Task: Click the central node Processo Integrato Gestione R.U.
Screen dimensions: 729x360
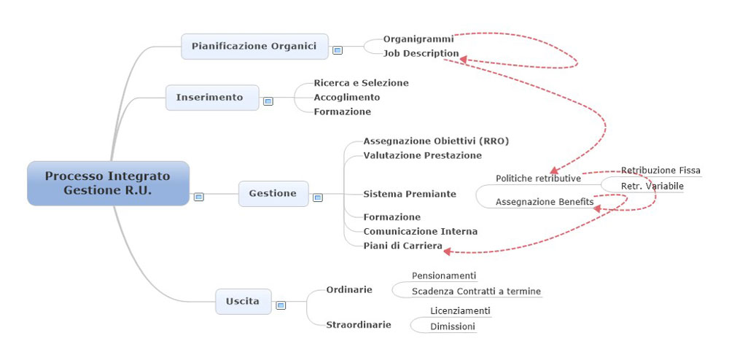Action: tap(108, 183)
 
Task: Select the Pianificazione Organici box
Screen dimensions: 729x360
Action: tap(254, 47)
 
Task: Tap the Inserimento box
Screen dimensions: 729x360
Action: tap(212, 98)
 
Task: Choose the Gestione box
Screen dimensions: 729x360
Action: tap(273, 194)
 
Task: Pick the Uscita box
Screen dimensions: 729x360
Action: tap(243, 302)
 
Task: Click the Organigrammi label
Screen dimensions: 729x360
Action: tap(418, 39)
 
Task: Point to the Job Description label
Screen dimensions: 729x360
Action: tap(421, 53)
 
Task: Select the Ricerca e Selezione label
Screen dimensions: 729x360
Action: tap(362, 83)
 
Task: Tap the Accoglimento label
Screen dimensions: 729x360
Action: tap(347, 98)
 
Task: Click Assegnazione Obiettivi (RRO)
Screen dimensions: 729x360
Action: tap(436, 141)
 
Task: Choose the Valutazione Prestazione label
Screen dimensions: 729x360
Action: tap(423, 156)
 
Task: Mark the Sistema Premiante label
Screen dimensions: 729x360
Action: tap(410, 194)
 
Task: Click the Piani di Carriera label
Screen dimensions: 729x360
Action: tap(402, 246)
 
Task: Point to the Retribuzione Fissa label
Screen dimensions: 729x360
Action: tap(660, 171)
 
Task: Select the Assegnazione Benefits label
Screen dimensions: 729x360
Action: tap(545, 202)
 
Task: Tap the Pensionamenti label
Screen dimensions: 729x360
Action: tap(444, 276)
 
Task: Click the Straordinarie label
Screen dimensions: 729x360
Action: tap(359, 325)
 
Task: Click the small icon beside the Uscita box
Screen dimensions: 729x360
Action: tap(281, 305)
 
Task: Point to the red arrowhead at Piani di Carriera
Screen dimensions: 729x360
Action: tap(448, 251)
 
